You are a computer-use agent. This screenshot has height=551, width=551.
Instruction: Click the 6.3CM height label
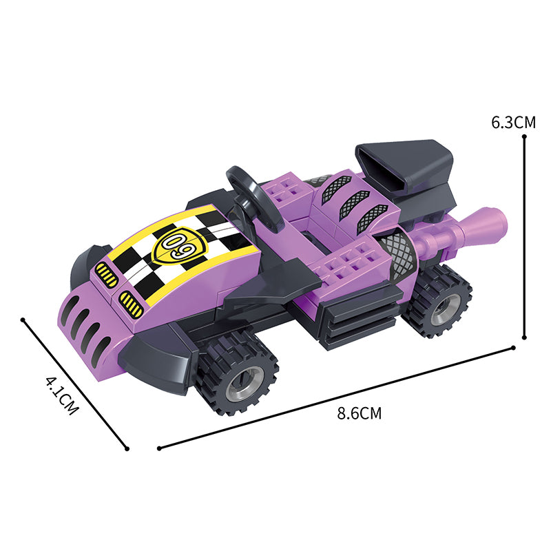513,123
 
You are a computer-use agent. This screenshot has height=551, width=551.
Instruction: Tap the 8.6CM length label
359,413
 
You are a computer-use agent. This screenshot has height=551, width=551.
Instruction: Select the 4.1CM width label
62,395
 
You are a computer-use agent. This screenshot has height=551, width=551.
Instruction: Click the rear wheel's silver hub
446,309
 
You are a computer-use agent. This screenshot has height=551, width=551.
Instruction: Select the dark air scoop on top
404,165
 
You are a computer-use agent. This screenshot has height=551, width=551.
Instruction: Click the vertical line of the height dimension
524,237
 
